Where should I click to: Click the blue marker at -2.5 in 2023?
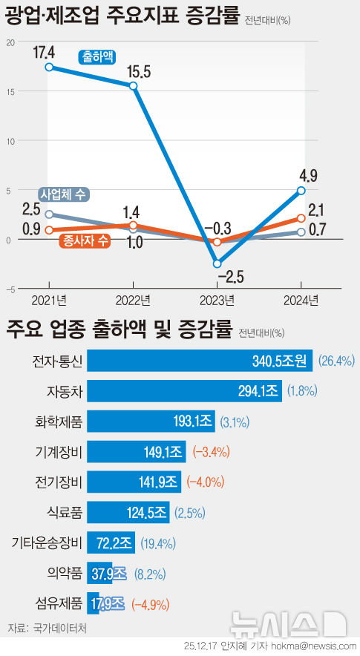coord(217,263)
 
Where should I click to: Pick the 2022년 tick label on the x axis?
coord(133,301)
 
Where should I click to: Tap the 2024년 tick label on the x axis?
coord(301,301)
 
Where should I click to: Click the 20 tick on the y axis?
coord(10,42)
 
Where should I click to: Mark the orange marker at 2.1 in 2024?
coord(301,218)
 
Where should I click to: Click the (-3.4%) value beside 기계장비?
coord(211,451)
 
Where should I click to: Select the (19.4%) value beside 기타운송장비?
coord(155,542)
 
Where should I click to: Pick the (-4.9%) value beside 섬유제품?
coord(150,603)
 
